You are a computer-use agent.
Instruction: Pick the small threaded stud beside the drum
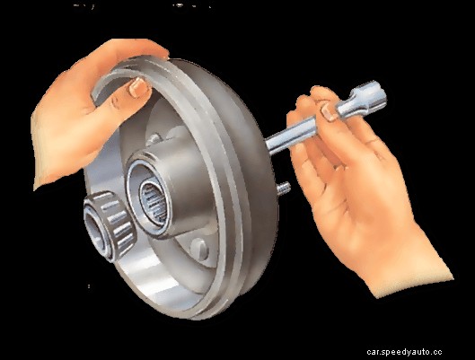(x=283, y=188)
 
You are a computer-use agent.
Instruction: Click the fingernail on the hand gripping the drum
(x=136, y=87)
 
